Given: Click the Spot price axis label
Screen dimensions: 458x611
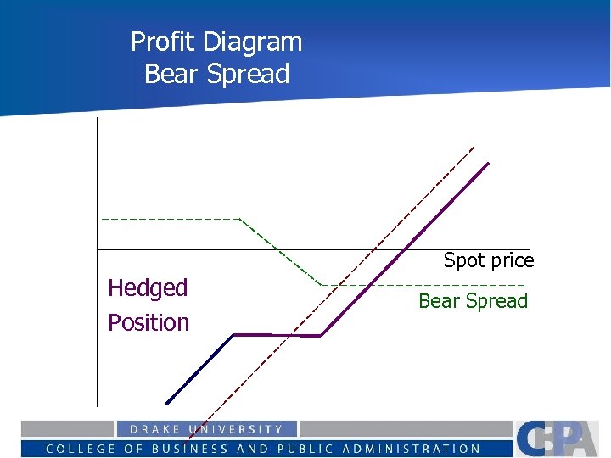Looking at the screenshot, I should [x=489, y=260].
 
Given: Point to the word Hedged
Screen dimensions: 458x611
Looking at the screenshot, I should [x=148, y=288].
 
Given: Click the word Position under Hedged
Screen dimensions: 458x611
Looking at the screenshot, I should [x=149, y=322].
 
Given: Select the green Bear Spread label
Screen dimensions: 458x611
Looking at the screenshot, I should [x=473, y=301].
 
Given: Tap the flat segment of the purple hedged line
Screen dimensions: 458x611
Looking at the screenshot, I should [x=277, y=336].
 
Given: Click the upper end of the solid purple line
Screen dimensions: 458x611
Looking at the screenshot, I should [x=488, y=163].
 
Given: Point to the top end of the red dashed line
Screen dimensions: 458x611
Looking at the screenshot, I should [x=474, y=148].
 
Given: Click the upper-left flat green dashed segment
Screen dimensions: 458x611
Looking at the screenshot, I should [x=170, y=219].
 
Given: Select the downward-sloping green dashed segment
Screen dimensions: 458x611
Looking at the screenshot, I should [x=280, y=251].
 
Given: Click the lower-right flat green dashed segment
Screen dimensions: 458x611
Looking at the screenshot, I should [x=424, y=285].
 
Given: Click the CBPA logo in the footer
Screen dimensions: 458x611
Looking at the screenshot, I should [x=560, y=438].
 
